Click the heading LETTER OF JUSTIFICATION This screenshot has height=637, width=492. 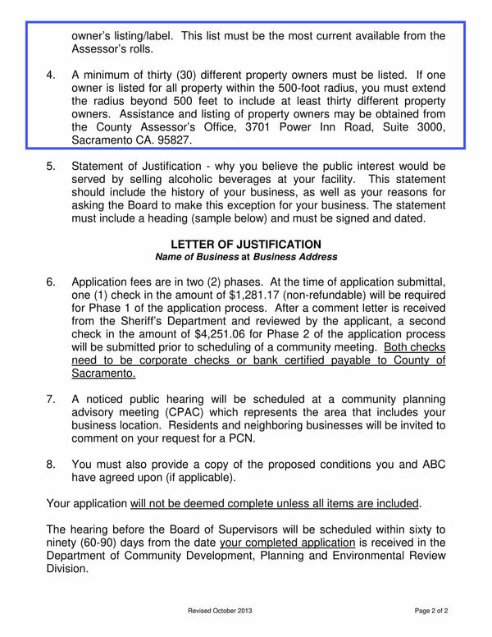click(x=246, y=244)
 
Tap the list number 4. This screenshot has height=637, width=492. click(x=52, y=75)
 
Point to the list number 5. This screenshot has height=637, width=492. click(x=52, y=166)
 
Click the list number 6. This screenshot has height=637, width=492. click(x=52, y=282)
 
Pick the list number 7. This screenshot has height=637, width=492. click(x=52, y=399)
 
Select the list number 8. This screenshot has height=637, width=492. click(x=52, y=463)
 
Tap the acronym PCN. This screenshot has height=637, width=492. click(x=239, y=438)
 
